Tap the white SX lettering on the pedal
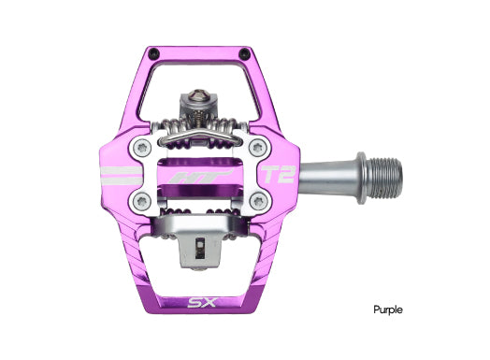(x=196, y=303)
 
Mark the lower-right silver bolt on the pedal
(x=257, y=199)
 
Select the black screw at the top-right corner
(x=245, y=52)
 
